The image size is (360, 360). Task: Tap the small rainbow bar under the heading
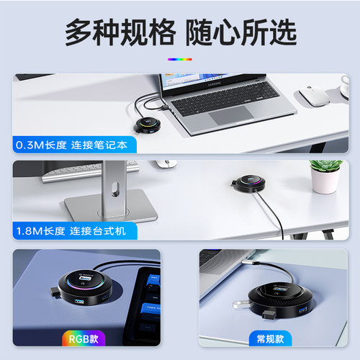[179, 60]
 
